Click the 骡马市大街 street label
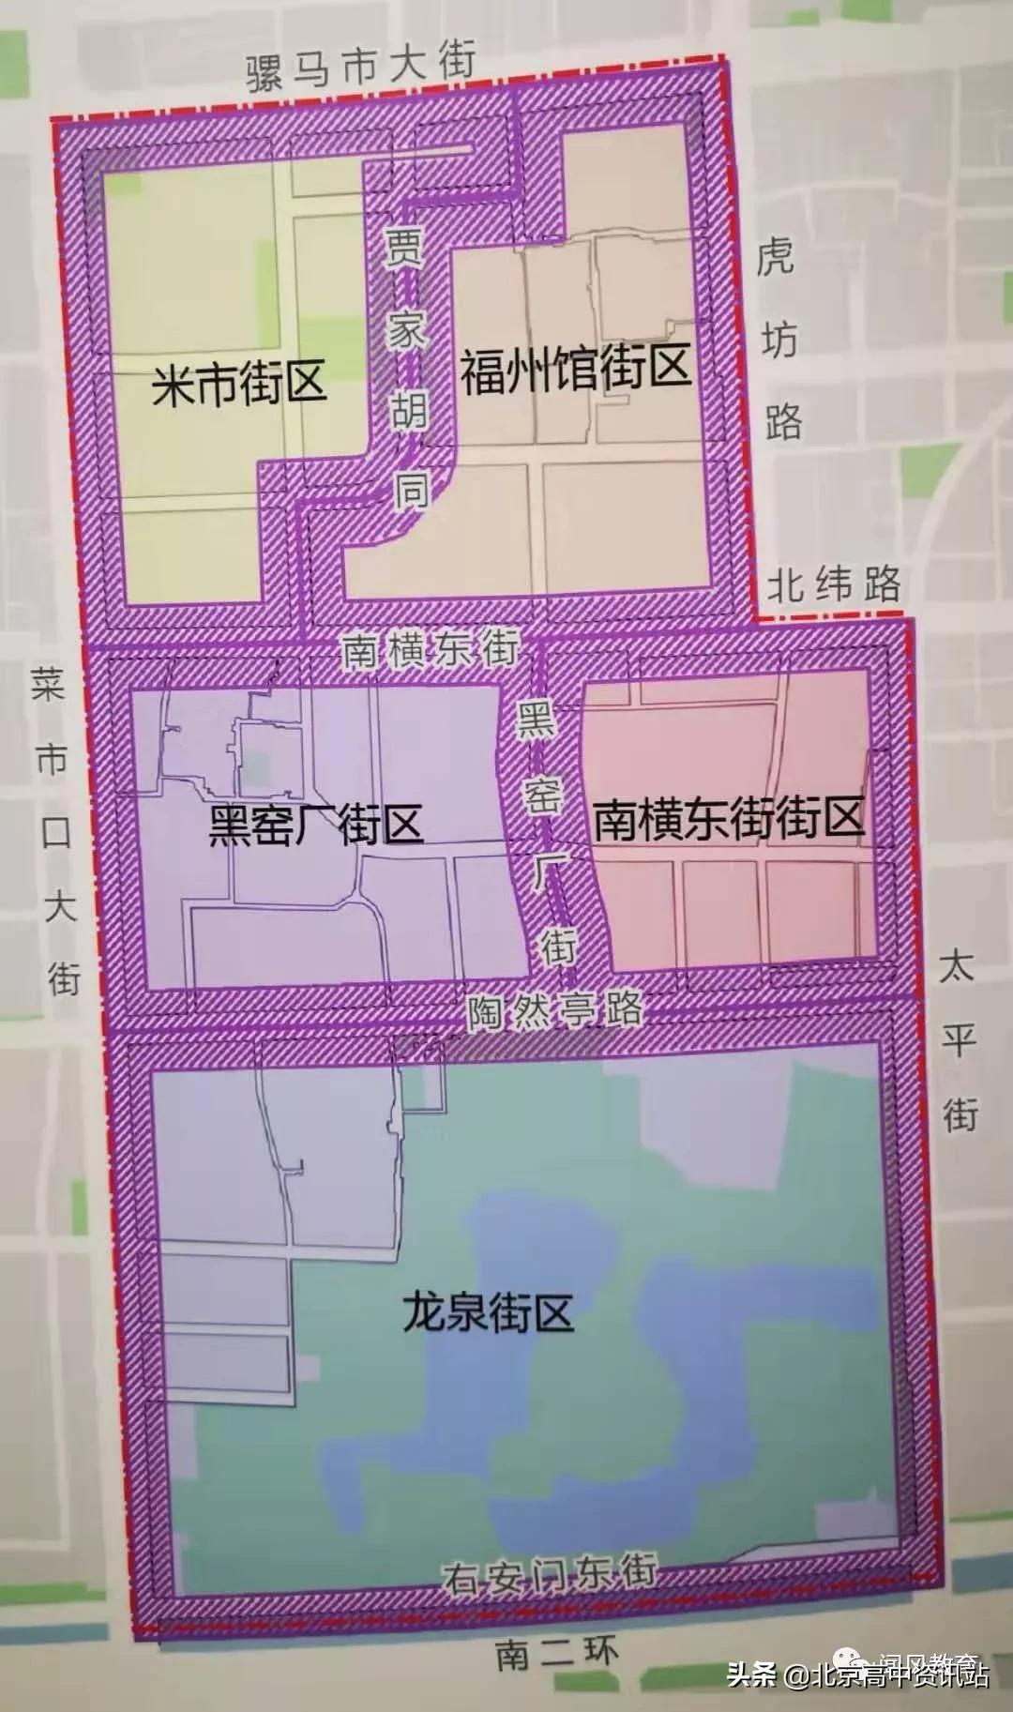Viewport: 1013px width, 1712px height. coord(361,68)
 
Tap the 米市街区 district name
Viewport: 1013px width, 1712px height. coord(239,384)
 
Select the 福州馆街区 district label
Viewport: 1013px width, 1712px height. coord(575,369)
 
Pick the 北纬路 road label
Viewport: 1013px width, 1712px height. coord(833,586)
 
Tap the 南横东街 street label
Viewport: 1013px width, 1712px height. coord(430,649)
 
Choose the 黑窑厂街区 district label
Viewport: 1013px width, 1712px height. coord(315,826)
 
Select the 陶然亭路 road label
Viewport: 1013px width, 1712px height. coord(555,1011)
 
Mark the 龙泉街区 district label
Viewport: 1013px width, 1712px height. coord(488,1311)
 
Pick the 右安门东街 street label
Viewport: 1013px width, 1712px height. coord(550,1573)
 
